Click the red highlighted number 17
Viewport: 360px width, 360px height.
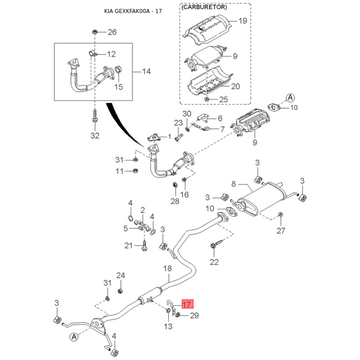pos(187,304)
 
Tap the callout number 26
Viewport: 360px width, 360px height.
pos(112,32)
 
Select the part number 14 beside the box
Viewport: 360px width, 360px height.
pos(146,72)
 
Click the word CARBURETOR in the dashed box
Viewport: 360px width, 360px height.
pos(204,8)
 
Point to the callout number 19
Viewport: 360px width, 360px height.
pos(243,21)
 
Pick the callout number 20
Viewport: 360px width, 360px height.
pos(235,86)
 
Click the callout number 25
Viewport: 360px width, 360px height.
pos(224,99)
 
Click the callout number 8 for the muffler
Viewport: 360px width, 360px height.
pos(234,184)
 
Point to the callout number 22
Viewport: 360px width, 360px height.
pos(214,262)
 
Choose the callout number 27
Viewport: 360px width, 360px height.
pos(281,231)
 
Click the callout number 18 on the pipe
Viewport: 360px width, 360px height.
pos(167,269)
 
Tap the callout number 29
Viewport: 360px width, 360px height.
pos(193,316)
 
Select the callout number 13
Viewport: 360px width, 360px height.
pos(167,326)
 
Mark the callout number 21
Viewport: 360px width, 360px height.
pos(129,245)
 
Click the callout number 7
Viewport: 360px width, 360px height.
pos(222,129)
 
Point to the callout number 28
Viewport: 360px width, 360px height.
pos(175,201)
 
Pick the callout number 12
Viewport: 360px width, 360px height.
pos(111,54)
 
